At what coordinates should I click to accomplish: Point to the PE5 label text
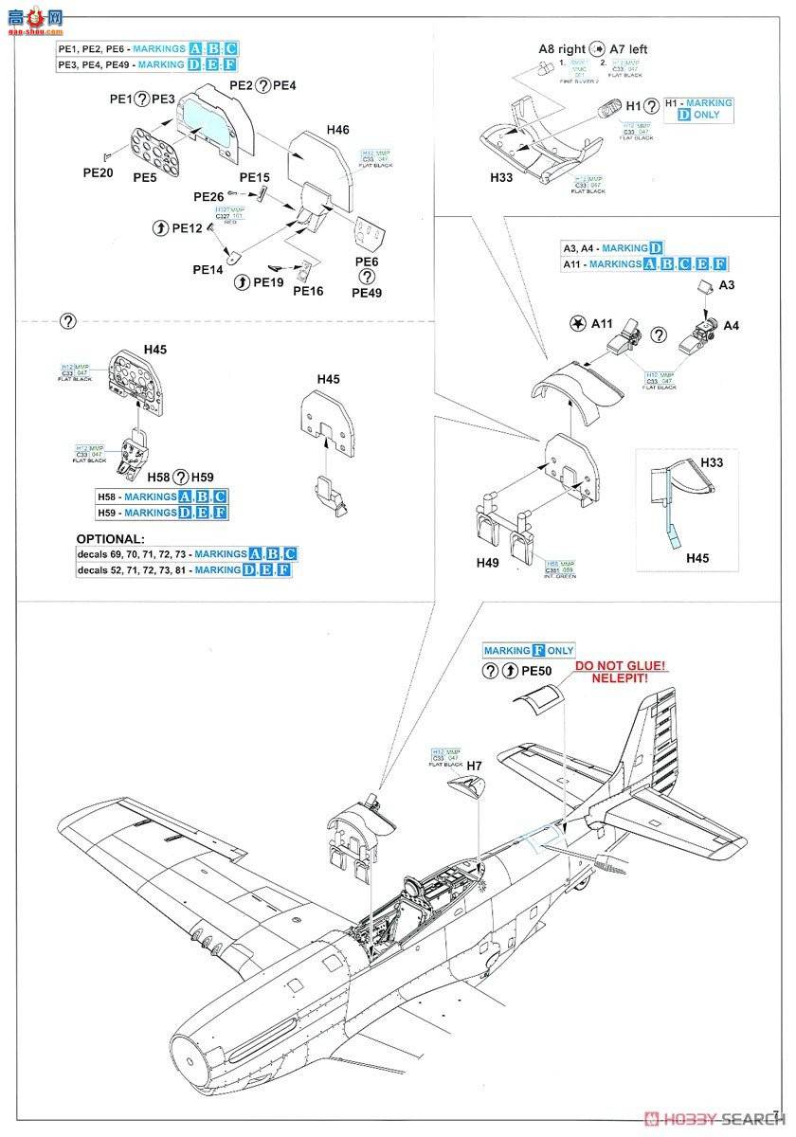pyautogui.click(x=144, y=176)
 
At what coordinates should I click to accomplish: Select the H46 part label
pyautogui.click(x=337, y=129)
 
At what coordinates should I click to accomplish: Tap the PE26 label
pyautogui.click(x=208, y=196)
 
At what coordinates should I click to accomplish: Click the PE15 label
pyautogui.click(x=254, y=177)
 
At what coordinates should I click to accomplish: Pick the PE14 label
pyautogui.click(x=208, y=269)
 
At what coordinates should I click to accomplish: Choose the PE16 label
pyautogui.click(x=308, y=291)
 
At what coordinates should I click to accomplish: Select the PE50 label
pyautogui.click(x=536, y=671)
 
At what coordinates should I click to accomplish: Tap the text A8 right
pyautogui.click(x=561, y=48)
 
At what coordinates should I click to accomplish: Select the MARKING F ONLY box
pyautogui.click(x=528, y=651)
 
